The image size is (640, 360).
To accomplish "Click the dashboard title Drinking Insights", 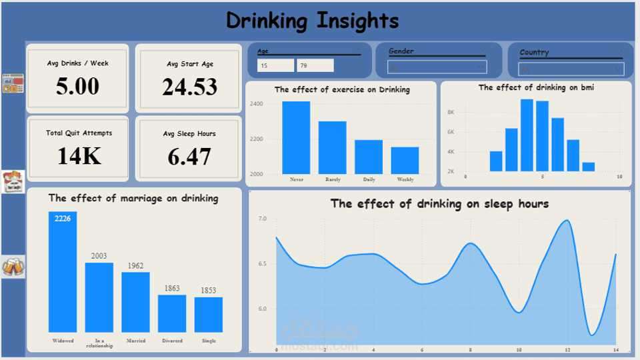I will [312, 21].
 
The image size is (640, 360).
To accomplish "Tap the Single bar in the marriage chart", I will [209, 315].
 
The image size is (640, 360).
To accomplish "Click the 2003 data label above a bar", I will [99, 256].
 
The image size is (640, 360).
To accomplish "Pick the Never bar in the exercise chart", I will [296, 137].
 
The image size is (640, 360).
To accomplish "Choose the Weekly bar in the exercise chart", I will [405, 161].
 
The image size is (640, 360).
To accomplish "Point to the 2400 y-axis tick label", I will [257, 104].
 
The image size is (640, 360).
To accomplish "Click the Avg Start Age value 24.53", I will [190, 87].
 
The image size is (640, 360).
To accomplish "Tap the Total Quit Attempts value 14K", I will [79, 156].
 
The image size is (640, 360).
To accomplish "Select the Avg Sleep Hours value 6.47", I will [190, 157].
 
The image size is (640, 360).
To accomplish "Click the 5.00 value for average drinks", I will [78, 87].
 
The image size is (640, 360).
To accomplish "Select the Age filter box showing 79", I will [315, 65].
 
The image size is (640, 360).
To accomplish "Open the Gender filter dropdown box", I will [437, 67].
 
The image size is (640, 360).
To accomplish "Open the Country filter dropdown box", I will [571, 69].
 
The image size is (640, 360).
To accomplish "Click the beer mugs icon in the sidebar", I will [13, 267].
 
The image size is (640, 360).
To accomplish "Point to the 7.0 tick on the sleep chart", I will [262, 219].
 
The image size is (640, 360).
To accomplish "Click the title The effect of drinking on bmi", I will [536, 87].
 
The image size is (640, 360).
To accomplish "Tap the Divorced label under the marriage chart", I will [172, 341].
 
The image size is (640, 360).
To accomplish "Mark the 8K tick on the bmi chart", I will [451, 113].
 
